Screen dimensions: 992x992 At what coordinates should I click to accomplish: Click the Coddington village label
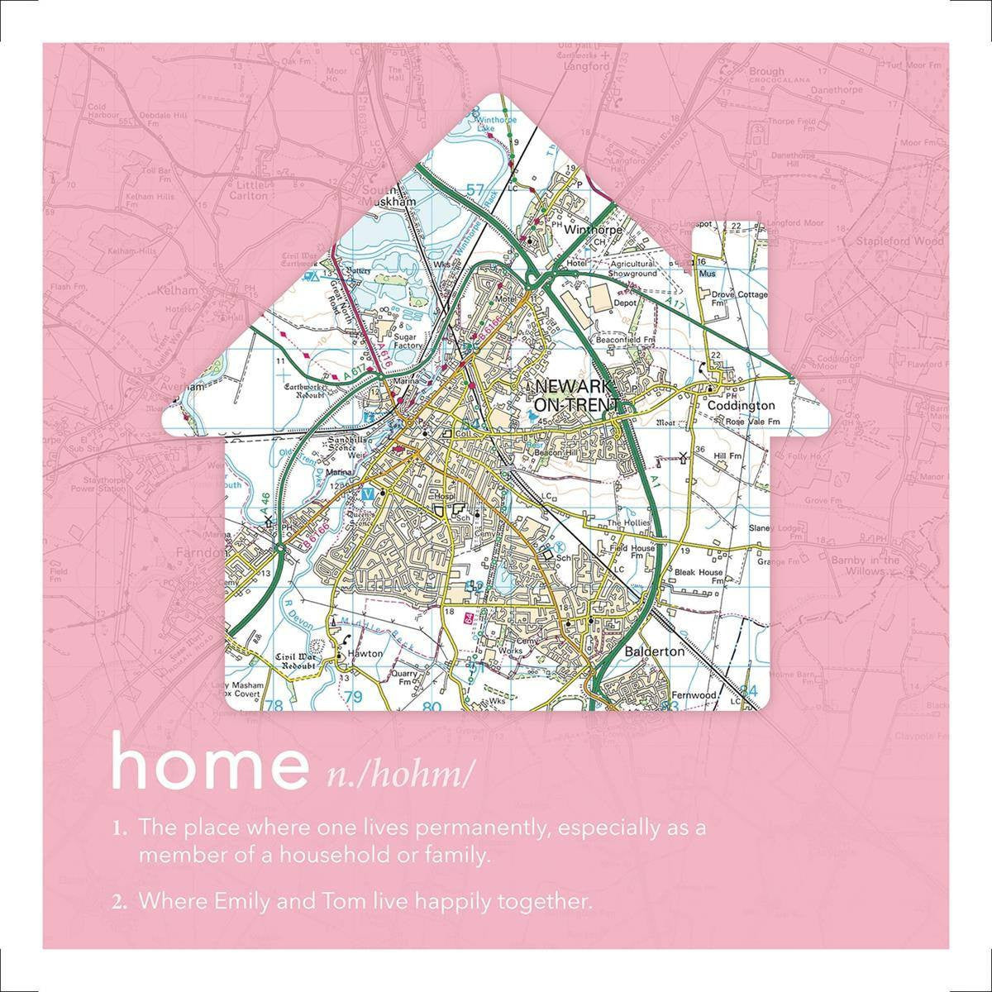point(741,406)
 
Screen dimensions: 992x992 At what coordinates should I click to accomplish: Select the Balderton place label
point(655,651)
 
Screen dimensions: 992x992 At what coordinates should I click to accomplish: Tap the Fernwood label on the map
point(693,696)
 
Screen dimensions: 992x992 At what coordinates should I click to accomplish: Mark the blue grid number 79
point(353,699)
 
